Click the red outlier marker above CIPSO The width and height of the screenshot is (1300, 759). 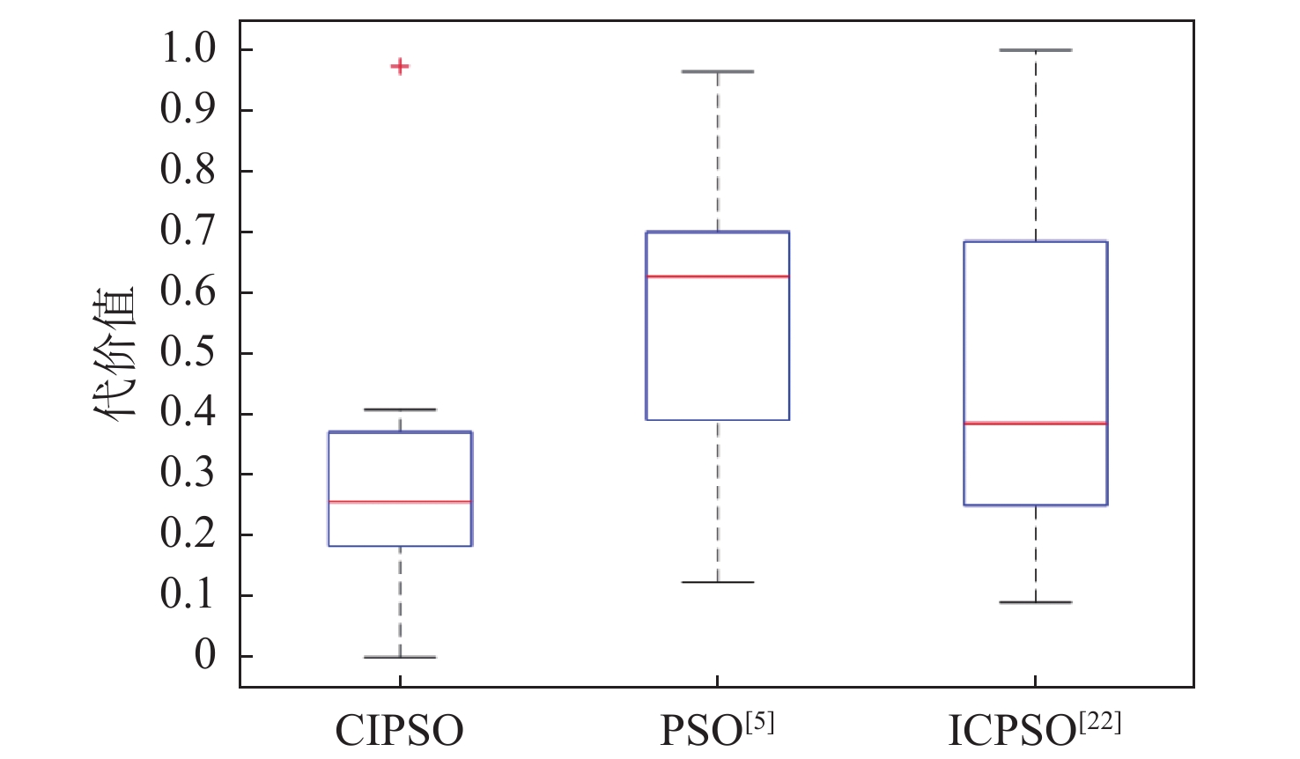click(x=400, y=66)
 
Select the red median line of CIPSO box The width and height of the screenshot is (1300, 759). click(x=400, y=502)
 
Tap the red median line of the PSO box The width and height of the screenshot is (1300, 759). click(x=718, y=276)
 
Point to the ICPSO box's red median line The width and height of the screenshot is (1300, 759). click(x=1035, y=424)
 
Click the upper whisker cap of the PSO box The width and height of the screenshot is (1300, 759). click(x=718, y=71)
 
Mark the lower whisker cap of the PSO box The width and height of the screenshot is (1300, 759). click(x=718, y=582)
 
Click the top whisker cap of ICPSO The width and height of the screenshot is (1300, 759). click(x=1035, y=50)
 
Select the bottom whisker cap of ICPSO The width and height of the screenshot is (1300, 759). click(x=1035, y=602)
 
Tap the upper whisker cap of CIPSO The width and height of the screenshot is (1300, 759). click(x=400, y=409)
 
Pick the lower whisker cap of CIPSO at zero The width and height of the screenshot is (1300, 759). click(x=400, y=657)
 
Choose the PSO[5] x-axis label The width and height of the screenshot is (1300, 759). click(x=717, y=729)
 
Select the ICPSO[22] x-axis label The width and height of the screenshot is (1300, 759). click(x=1033, y=729)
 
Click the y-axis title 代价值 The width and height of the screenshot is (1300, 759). click(x=114, y=352)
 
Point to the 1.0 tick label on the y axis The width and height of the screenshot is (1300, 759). click(x=188, y=49)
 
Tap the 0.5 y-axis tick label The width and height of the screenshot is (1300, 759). click(x=188, y=352)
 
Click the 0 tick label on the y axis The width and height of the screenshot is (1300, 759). click(x=204, y=656)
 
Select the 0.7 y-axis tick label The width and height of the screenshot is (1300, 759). click(x=188, y=232)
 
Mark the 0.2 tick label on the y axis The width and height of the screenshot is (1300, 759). click(x=188, y=534)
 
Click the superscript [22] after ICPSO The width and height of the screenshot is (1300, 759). click(x=1100, y=722)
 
